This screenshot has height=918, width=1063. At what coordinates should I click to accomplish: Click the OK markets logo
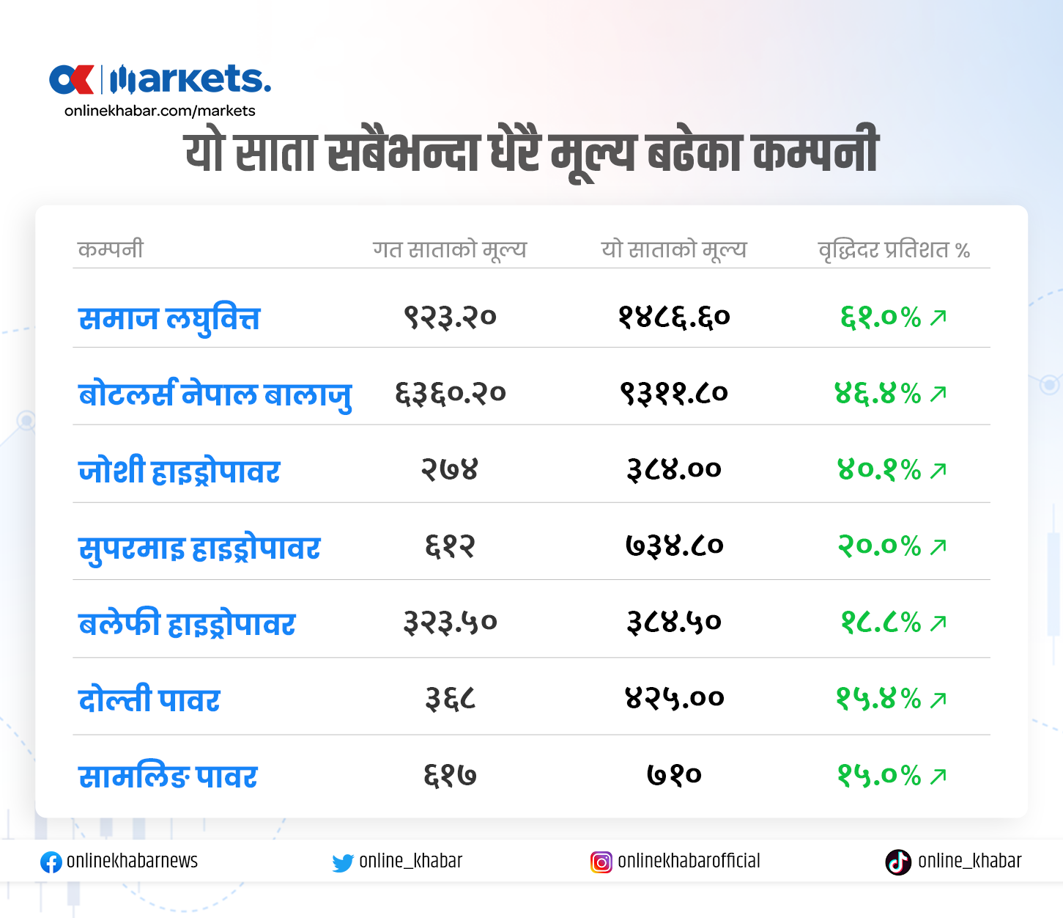click(x=160, y=80)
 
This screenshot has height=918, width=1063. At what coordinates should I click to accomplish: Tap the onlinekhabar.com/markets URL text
click(x=160, y=111)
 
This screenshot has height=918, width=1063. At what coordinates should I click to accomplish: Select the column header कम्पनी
click(x=111, y=249)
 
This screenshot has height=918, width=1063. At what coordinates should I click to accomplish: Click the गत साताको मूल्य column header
click(x=450, y=249)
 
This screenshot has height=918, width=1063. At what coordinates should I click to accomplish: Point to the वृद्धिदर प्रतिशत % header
click(x=894, y=250)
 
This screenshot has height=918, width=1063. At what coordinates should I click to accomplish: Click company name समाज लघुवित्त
click(x=169, y=319)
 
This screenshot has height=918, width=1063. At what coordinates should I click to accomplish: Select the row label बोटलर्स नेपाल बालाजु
click(x=215, y=394)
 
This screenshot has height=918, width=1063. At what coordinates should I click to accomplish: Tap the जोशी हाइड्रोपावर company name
click(x=179, y=471)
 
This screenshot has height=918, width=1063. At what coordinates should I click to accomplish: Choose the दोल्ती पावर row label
click(x=149, y=699)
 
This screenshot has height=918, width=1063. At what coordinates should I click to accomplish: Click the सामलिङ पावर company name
click(x=168, y=776)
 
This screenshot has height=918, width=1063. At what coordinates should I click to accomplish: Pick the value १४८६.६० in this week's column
click(x=674, y=317)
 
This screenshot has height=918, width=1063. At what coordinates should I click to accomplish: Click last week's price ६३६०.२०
click(x=451, y=394)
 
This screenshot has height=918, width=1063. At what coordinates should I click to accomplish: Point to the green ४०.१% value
click(x=879, y=470)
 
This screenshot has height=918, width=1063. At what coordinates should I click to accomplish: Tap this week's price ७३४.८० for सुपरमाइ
click(x=674, y=546)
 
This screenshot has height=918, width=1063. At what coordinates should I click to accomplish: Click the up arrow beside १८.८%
click(x=938, y=623)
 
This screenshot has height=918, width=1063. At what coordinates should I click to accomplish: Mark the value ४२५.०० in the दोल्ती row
click(x=674, y=698)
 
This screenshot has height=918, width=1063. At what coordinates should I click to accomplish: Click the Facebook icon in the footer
click(x=51, y=862)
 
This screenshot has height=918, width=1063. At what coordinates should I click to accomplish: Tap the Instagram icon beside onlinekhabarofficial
click(x=601, y=862)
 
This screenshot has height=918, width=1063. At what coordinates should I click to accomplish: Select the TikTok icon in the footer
click(x=898, y=862)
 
